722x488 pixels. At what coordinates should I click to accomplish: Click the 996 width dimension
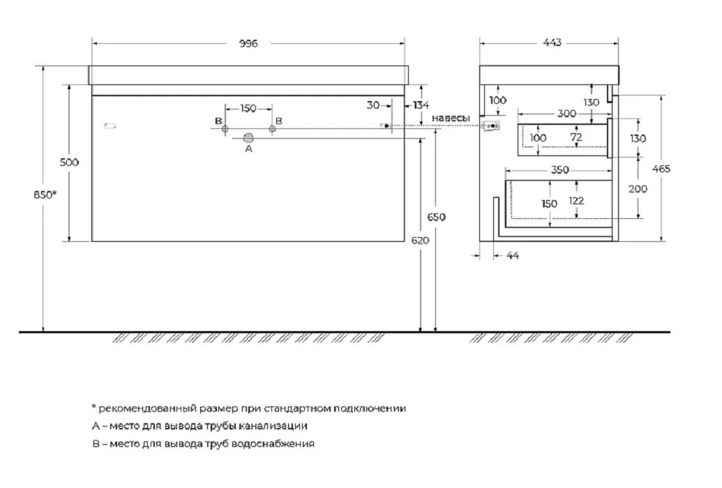pyautogui.click(x=248, y=43)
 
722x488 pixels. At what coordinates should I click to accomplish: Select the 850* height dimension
pyautogui.click(x=45, y=195)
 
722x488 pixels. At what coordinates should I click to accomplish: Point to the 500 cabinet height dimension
pyautogui.click(x=69, y=162)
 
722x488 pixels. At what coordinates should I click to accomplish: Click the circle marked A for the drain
pyautogui.click(x=248, y=137)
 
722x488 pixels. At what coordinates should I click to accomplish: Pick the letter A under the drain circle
pyautogui.click(x=248, y=148)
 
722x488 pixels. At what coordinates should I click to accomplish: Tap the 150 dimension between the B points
pyautogui.click(x=248, y=108)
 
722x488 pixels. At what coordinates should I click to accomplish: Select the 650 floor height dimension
pyautogui.click(x=437, y=217)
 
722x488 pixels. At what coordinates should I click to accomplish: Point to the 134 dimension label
pyautogui.click(x=421, y=105)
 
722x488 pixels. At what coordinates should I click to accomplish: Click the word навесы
pyautogui.click(x=451, y=118)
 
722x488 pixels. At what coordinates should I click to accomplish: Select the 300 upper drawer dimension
pyautogui.click(x=566, y=113)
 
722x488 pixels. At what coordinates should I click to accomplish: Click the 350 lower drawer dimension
pyautogui.click(x=560, y=169)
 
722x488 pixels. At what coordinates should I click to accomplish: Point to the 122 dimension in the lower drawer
pyautogui.click(x=576, y=201)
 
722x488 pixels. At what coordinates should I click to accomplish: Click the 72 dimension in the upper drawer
pyautogui.click(x=576, y=137)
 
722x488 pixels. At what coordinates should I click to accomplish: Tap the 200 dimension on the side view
pyautogui.click(x=638, y=189)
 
